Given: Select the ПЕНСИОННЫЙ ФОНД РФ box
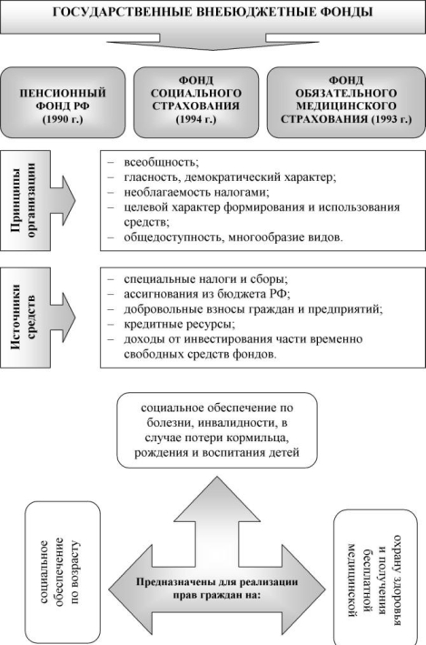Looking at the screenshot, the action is tap(63, 103).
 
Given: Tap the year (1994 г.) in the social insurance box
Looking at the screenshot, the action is tap(196, 120).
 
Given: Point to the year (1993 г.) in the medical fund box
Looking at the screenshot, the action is tap(391, 120).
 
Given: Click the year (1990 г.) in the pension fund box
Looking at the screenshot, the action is tap(63, 120).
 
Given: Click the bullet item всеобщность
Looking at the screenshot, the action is tap(161, 162).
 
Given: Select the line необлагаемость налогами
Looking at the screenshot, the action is tap(197, 192).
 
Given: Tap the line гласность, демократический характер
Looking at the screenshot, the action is tap(230, 177).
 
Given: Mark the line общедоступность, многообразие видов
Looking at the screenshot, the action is tap(233, 237).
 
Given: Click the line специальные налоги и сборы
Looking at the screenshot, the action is tap(206, 279).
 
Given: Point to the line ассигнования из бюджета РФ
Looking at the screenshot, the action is tap(207, 294).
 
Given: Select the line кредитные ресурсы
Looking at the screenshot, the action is tap(180, 324).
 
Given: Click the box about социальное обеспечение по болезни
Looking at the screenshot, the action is tap(217, 430).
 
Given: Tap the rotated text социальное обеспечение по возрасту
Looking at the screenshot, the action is tap(60, 572).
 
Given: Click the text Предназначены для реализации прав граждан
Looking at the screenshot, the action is tap(217, 589).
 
